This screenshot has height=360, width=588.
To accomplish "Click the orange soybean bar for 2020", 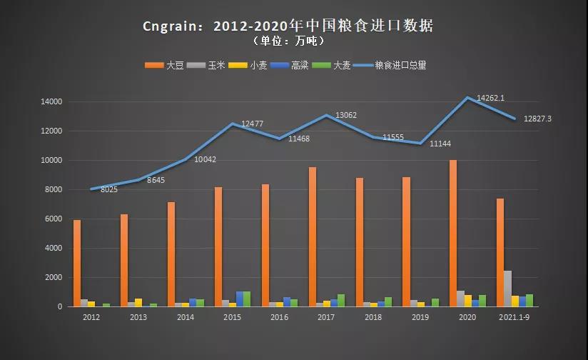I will click(453, 233).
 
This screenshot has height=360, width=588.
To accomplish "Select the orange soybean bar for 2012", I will click(77, 263).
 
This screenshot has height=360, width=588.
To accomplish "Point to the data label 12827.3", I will click(537, 119).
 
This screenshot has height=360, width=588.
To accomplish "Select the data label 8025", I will click(109, 189).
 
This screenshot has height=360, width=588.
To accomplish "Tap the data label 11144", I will click(440, 144).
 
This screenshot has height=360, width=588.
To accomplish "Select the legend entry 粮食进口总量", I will click(400, 66).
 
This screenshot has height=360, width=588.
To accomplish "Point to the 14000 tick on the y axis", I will click(53, 102).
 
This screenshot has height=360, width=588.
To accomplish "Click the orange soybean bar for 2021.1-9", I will click(500, 252).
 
